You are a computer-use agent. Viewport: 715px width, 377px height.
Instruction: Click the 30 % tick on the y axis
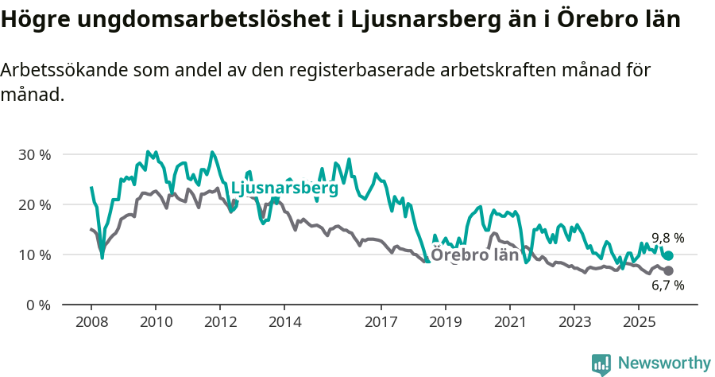34,154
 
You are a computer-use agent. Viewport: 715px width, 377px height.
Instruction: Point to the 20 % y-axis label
34,204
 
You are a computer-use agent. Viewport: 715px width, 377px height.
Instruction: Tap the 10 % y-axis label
34,255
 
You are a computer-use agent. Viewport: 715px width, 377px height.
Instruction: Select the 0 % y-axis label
38,305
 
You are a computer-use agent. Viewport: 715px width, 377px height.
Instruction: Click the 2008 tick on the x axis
91,322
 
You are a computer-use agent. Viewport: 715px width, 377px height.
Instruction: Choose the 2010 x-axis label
156,322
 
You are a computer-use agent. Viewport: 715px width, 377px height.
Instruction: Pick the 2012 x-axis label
220,322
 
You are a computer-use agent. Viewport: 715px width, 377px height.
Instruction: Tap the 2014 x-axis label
284,322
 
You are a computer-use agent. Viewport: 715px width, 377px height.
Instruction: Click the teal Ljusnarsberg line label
284,189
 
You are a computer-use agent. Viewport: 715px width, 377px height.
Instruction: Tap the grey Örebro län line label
474,255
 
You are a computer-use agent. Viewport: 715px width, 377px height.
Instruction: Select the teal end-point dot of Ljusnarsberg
668,255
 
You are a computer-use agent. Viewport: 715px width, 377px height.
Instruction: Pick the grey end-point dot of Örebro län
668,271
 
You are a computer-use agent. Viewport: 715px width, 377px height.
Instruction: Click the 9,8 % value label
667,238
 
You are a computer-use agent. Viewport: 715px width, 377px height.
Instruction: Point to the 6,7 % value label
667,286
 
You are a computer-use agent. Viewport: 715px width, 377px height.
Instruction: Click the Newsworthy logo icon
601,364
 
